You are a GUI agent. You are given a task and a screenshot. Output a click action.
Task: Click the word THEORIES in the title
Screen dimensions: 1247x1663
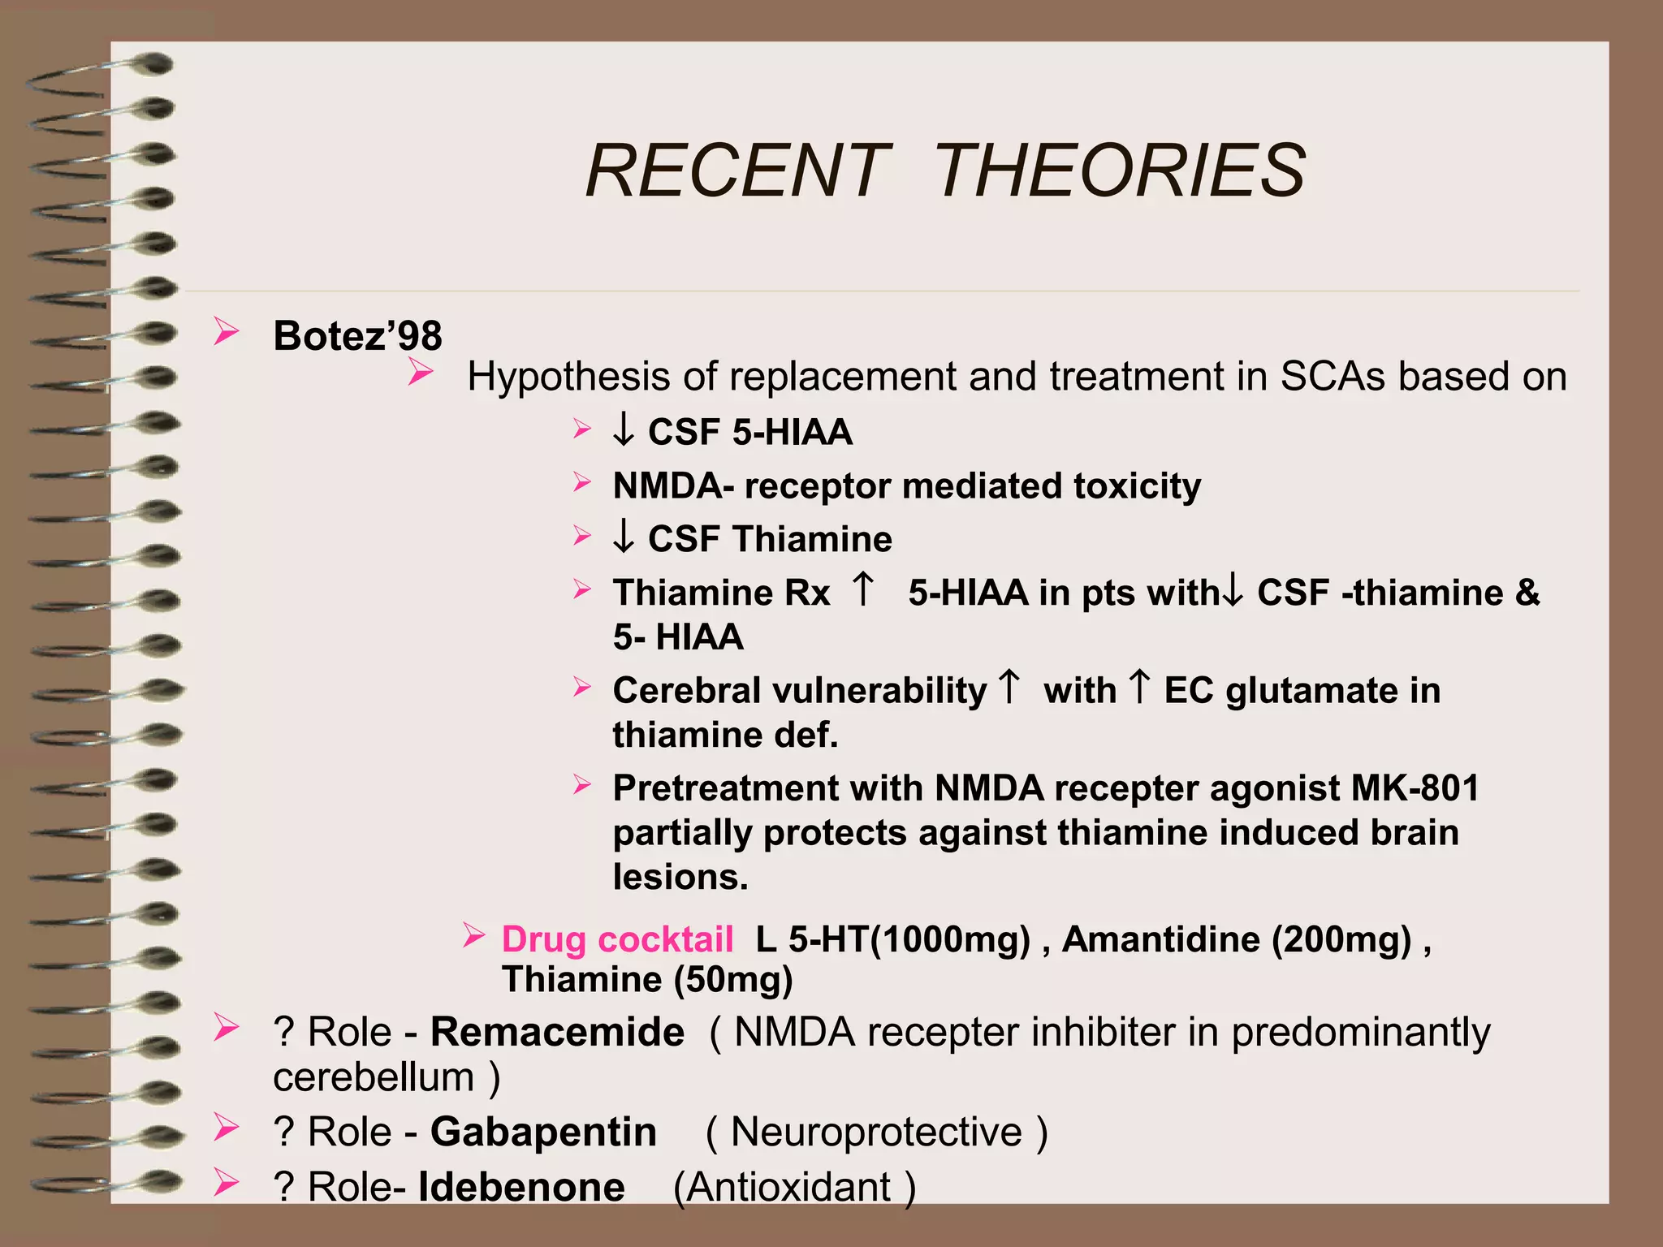coord(1119,170)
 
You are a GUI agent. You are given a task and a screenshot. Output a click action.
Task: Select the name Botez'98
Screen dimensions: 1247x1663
coord(357,335)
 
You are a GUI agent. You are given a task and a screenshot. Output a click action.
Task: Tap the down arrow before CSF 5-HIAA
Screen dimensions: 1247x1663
coord(624,430)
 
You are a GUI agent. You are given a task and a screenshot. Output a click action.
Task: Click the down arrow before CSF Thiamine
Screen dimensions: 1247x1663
coord(624,537)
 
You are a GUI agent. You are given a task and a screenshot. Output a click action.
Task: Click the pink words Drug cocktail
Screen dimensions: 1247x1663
coord(617,939)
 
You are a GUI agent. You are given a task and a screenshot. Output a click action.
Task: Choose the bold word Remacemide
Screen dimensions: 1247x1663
coord(557,1033)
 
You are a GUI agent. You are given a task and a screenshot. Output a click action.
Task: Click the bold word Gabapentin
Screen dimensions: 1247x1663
coord(543,1132)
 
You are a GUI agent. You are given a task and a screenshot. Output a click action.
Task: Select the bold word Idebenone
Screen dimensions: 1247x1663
coord(521,1187)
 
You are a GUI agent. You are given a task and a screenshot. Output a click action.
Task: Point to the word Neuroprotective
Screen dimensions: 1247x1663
coord(876,1132)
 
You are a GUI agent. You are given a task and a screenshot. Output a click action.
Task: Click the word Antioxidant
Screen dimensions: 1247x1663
coord(788,1187)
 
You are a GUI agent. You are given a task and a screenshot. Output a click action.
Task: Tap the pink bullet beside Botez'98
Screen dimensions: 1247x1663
coord(227,333)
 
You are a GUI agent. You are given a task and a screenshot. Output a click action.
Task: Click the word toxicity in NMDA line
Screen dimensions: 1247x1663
coord(1137,485)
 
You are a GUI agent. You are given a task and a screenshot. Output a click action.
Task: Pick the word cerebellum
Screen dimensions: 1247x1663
coord(374,1077)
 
